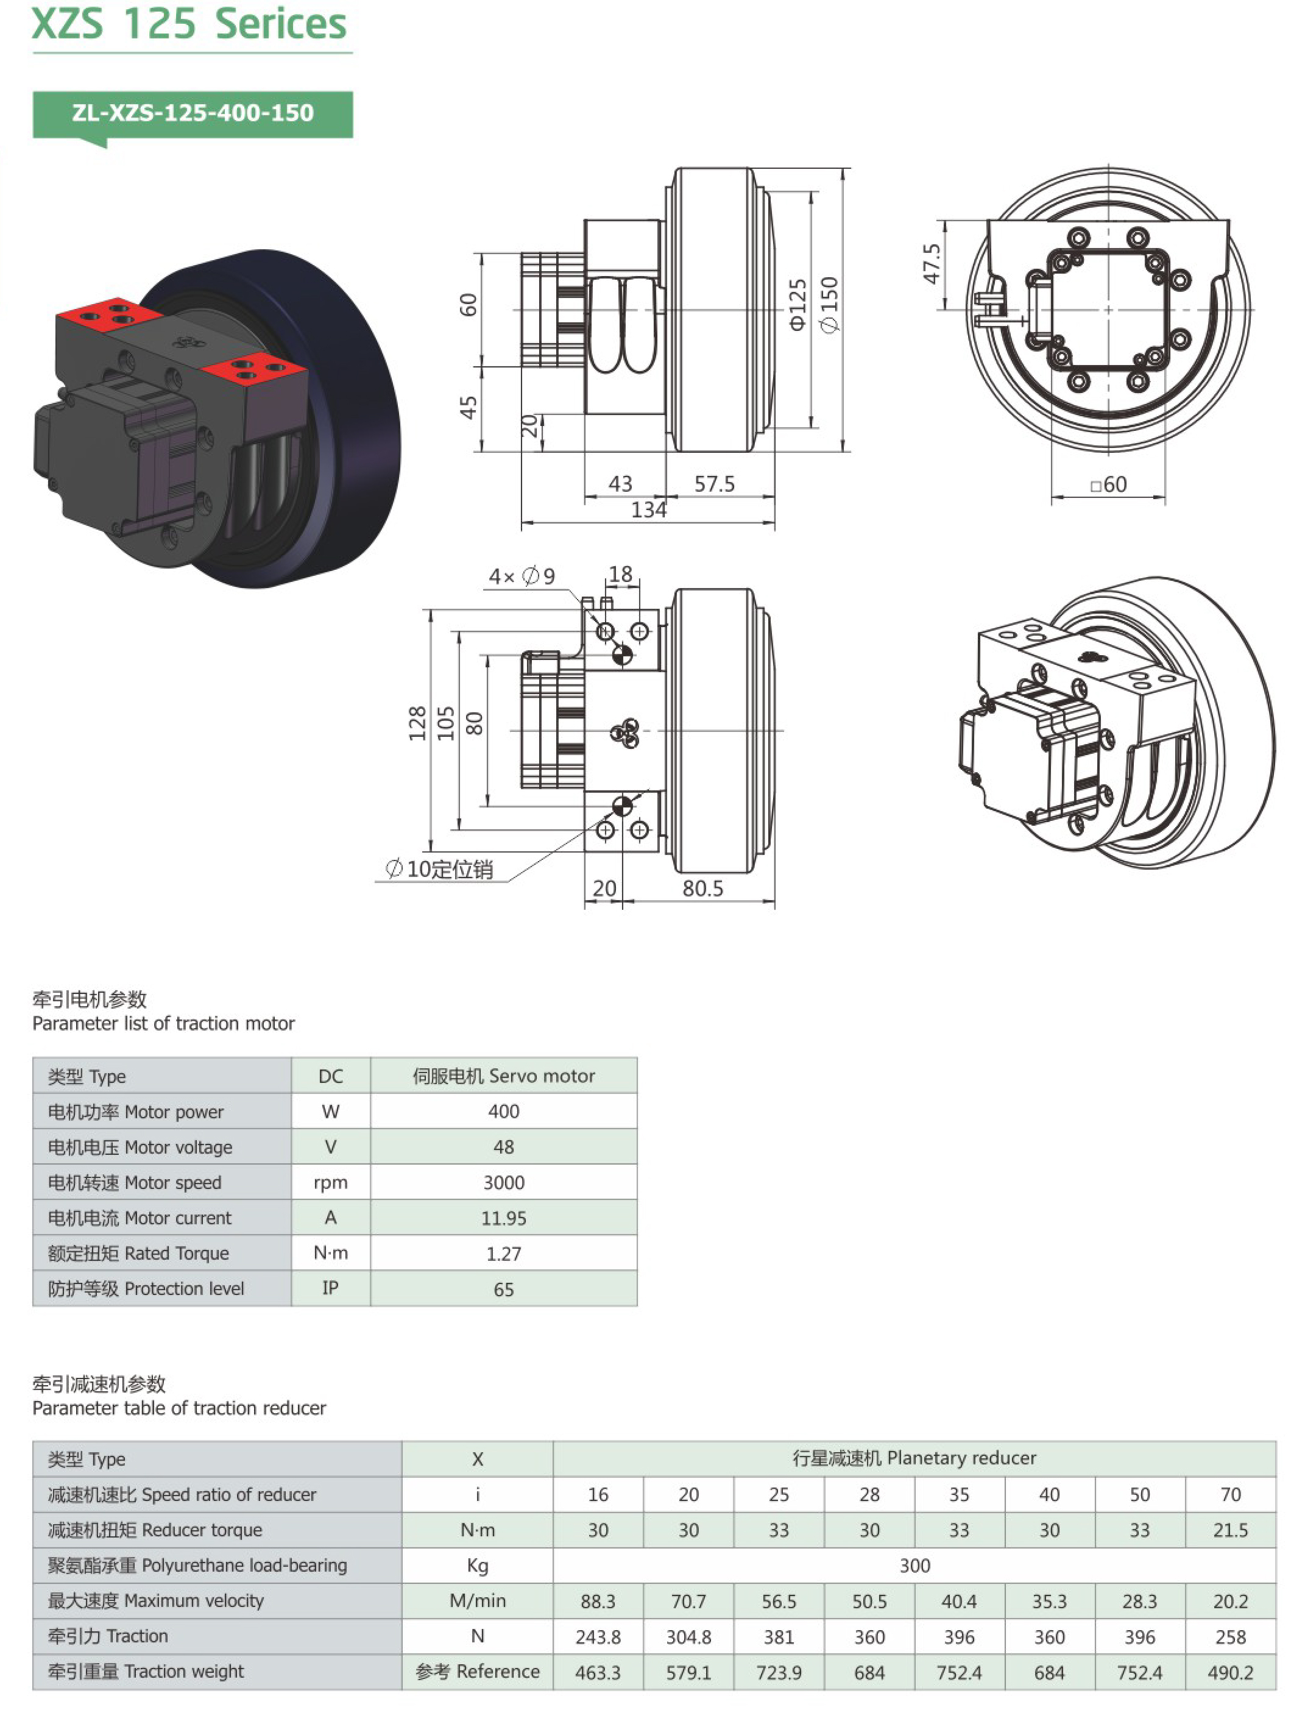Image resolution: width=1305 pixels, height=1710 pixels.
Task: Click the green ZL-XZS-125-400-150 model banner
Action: [193, 113]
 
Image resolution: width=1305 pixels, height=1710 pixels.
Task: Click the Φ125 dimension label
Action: [797, 305]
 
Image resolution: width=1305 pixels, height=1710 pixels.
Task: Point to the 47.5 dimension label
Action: [932, 264]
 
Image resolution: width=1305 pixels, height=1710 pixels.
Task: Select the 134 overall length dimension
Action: [649, 511]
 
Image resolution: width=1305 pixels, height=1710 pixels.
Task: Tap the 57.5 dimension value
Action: [714, 484]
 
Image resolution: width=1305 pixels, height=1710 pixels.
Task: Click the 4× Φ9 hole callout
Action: [522, 577]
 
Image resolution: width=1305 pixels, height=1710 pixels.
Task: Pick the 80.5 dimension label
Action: [702, 888]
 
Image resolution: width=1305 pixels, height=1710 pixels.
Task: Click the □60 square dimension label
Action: [1108, 485]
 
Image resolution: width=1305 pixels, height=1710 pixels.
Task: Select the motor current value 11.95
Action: [503, 1218]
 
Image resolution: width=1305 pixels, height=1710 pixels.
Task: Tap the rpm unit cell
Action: [330, 1182]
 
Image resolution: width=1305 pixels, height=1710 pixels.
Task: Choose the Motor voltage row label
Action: [140, 1148]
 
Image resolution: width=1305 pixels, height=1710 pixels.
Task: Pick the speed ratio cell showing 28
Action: [869, 1495]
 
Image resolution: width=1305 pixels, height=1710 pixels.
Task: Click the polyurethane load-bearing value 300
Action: [914, 1566]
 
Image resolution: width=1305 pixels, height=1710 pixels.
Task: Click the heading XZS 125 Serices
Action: [189, 24]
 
